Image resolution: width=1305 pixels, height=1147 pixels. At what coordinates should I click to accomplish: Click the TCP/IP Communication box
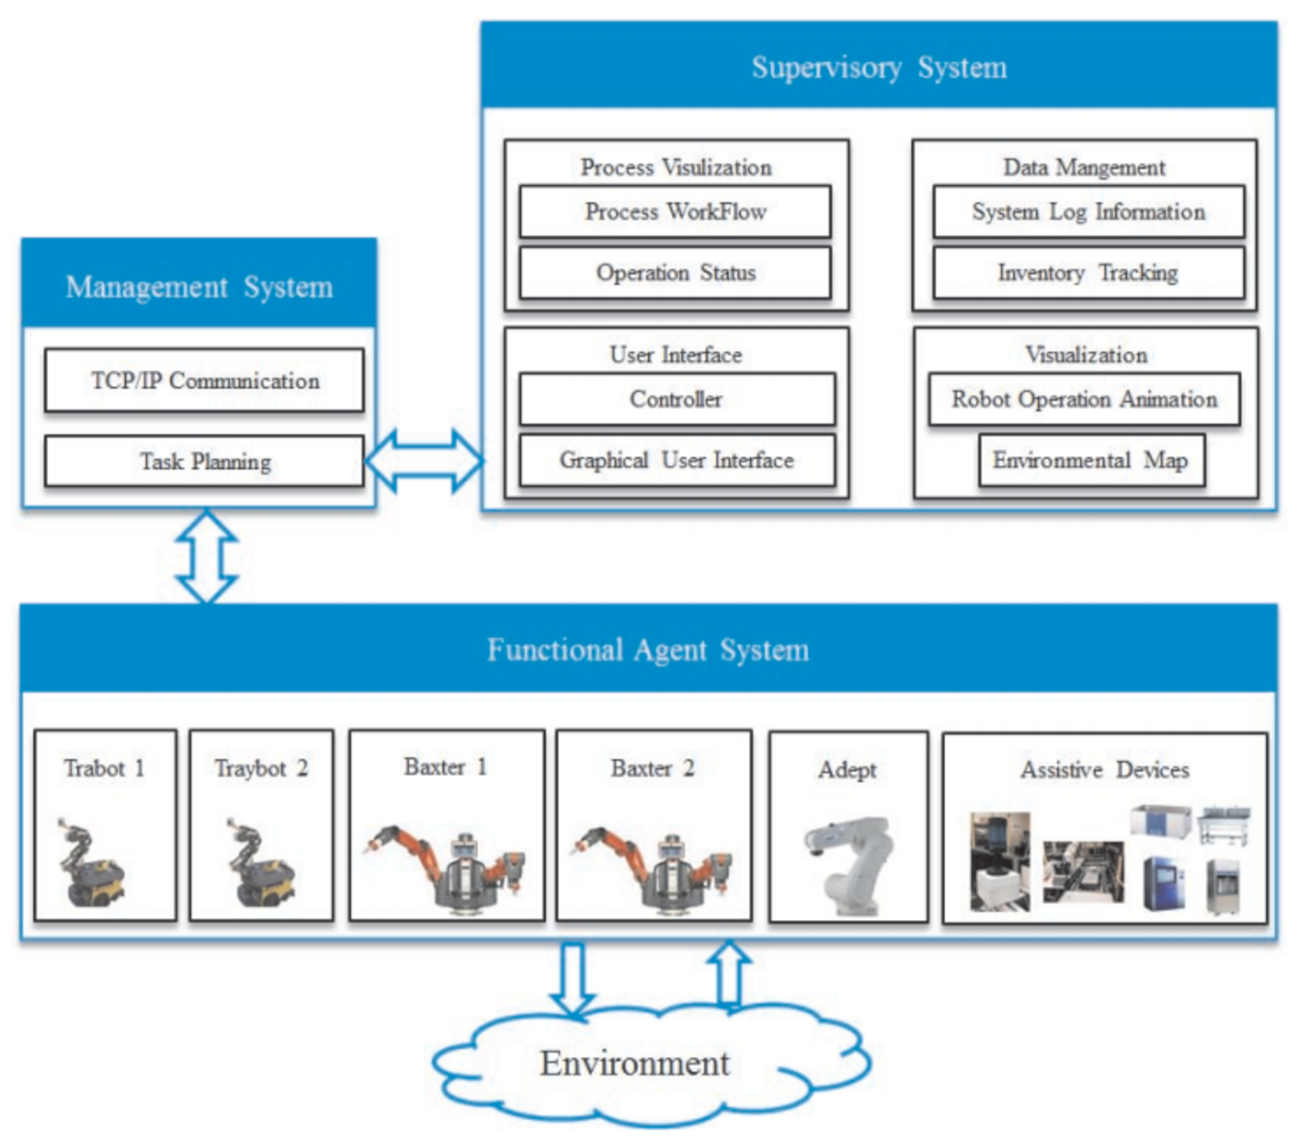(204, 380)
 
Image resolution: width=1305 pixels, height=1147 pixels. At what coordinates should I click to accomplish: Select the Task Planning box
(204, 461)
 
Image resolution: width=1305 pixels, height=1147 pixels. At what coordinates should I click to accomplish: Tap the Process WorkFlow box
(675, 212)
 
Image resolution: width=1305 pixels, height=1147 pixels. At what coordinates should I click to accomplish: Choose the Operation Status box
(675, 273)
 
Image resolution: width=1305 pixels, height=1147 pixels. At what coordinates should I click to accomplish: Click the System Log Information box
(1088, 212)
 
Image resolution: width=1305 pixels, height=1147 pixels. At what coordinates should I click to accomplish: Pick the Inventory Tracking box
(1088, 273)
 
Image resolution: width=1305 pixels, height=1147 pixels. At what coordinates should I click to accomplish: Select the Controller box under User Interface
(676, 399)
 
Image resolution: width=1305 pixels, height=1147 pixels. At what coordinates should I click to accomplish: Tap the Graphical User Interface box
(676, 460)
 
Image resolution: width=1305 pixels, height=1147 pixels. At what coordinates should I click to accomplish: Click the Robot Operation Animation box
(1084, 399)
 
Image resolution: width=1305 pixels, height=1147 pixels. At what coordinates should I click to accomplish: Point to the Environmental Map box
(1090, 460)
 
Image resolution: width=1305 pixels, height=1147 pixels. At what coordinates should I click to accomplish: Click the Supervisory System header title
(878, 68)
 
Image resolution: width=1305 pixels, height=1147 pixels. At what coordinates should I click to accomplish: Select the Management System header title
(199, 287)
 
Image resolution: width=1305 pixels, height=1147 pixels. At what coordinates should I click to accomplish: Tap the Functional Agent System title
(647, 650)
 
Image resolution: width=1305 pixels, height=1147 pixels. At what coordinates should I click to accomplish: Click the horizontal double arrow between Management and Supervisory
(425, 461)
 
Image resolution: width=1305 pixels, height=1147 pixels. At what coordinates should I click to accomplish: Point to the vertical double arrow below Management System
(207, 556)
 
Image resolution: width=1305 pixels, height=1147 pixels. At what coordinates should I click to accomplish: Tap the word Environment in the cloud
(634, 1063)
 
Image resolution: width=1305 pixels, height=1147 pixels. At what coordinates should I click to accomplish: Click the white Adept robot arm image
(850, 864)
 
